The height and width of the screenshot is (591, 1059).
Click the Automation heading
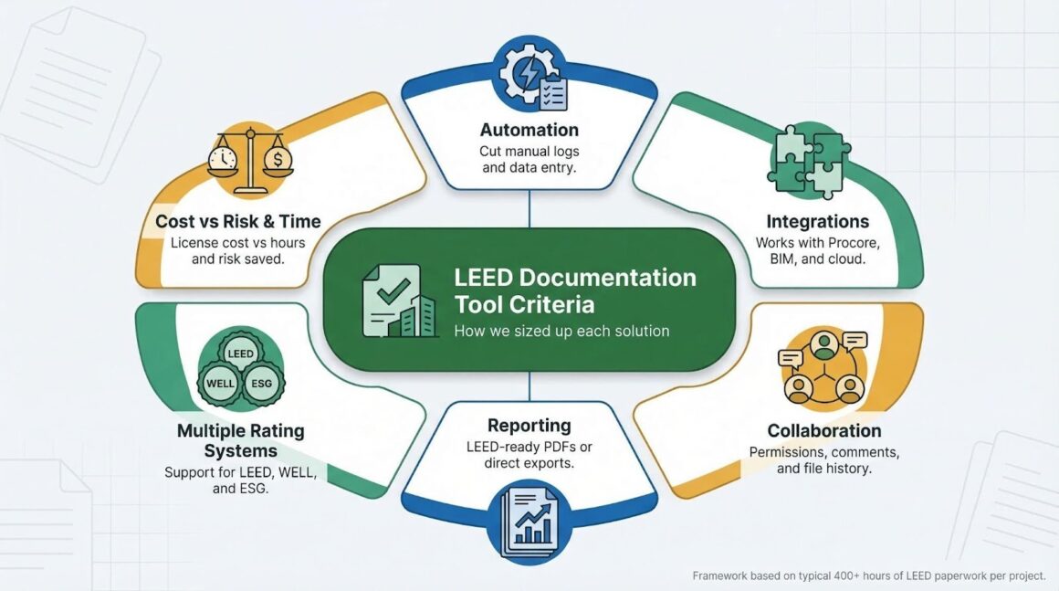coord(529,130)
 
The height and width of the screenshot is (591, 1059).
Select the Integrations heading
coord(817,221)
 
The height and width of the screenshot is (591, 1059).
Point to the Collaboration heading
coord(823,430)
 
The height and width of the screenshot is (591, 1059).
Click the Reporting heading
coord(529,425)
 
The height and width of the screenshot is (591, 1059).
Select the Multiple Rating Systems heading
coord(241,440)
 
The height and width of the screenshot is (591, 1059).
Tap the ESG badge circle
coord(261,384)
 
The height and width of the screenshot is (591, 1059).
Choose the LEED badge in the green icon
coord(241,354)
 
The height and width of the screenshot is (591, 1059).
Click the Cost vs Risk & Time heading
coord(237,221)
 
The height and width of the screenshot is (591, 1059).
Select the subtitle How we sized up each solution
coord(561,331)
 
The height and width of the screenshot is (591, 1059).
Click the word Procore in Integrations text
coord(845,243)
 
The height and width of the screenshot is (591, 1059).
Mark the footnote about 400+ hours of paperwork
coord(868,575)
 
